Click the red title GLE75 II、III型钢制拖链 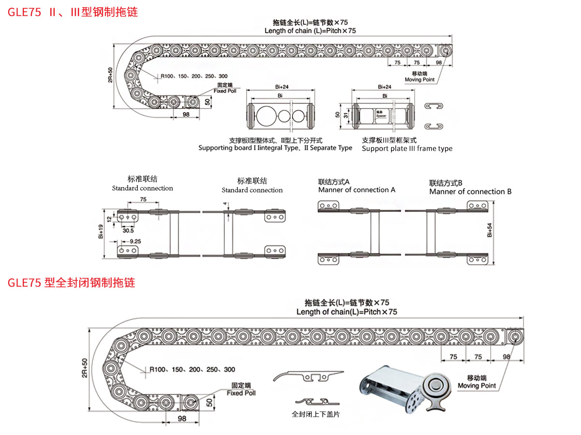point(73,12)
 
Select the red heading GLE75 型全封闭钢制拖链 point(71,283)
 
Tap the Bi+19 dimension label point(101,232)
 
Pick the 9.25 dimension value point(129,240)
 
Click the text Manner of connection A point(356,190)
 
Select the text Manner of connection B point(470,191)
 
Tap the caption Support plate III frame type point(407,148)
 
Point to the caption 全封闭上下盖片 point(316,414)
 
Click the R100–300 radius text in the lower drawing point(192,369)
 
